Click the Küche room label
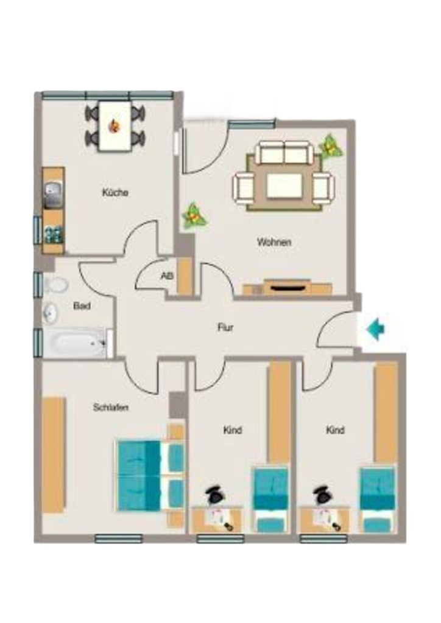(x=115, y=193)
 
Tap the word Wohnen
(x=274, y=242)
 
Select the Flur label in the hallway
(x=225, y=328)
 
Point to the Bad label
(x=82, y=306)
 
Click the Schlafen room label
(x=110, y=407)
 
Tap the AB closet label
(x=167, y=276)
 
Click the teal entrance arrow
(x=375, y=329)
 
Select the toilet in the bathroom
(x=55, y=285)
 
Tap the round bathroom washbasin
(x=51, y=313)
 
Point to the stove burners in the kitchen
(x=54, y=234)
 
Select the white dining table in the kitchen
(x=115, y=126)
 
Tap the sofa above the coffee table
(x=284, y=153)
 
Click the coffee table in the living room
(x=284, y=186)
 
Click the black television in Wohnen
(x=287, y=286)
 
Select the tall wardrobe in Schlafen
(x=54, y=455)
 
